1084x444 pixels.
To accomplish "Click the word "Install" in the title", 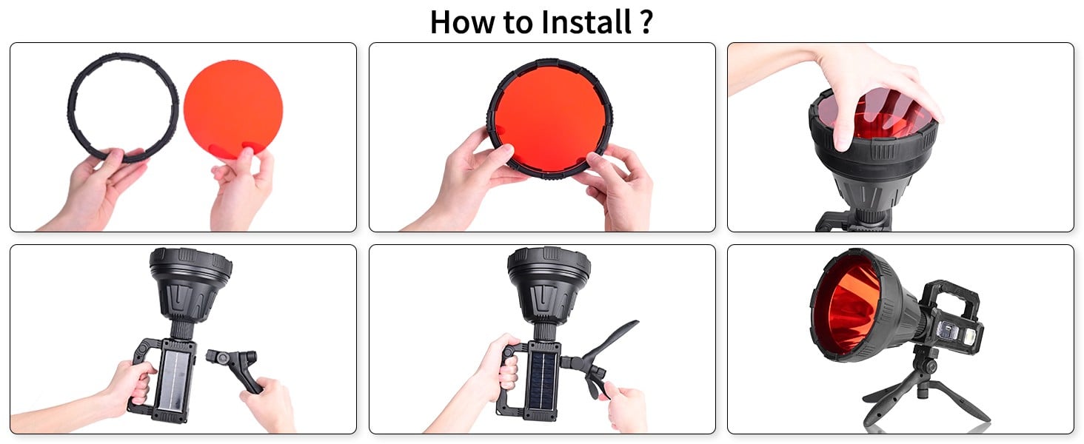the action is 585,21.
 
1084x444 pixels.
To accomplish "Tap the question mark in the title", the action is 646,21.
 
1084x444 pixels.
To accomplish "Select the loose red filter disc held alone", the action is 232,108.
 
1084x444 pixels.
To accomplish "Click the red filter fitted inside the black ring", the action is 550,119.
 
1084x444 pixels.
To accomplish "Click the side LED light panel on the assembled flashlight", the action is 960,334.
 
